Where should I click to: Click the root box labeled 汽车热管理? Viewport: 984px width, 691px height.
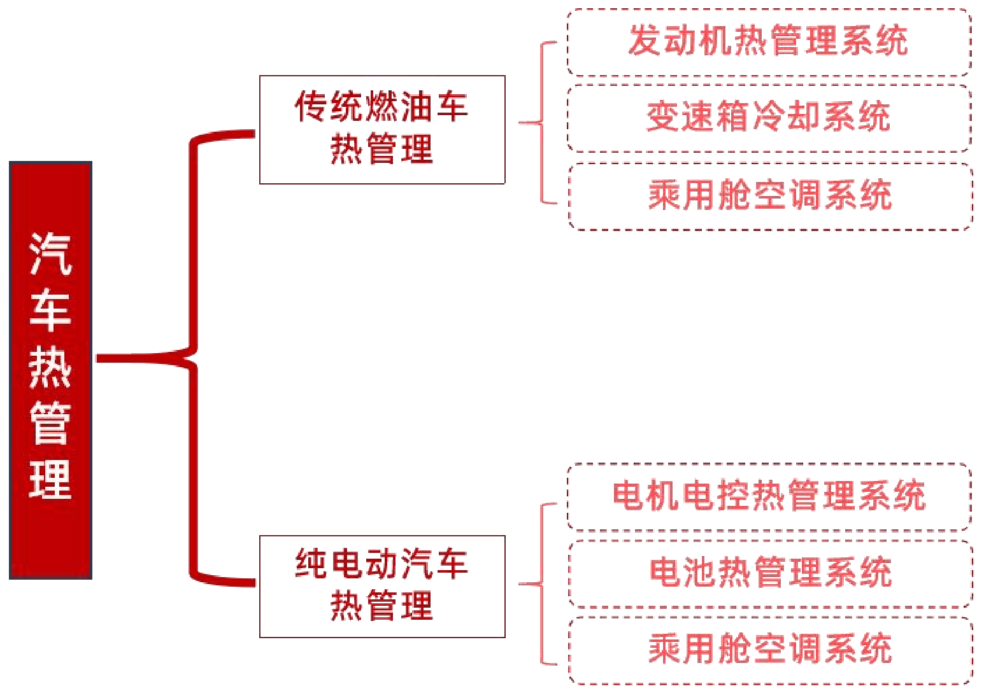click(x=50, y=370)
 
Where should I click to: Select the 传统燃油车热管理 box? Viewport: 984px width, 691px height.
click(x=382, y=129)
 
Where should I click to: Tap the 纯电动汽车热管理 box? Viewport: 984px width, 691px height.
click(x=382, y=586)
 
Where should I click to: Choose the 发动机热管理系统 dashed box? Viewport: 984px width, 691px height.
click(x=769, y=43)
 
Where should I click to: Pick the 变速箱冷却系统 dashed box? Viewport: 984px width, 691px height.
click(x=769, y=118)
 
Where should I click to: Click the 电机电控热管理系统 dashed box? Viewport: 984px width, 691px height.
click(x=769, y=497)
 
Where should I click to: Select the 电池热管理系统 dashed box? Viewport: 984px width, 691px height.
click(x=769, y=573)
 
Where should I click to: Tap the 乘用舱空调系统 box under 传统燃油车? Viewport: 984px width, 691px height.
click(x=769, y=196)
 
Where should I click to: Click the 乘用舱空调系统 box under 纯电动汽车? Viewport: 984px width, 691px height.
click(x=769, y=650)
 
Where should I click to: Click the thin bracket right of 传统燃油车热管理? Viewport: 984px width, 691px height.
click(x=541, y=123)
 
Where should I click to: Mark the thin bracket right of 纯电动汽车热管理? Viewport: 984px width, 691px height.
click(x=541, y=584)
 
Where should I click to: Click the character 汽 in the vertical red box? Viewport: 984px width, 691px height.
click(x=50, y=253)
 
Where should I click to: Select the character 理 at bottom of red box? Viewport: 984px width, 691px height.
click(x=50, y=479)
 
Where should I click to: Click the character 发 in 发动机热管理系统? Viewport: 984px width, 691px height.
click(x=645, y=40)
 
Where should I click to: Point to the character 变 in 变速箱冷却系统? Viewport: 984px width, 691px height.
click(x=663, y=116)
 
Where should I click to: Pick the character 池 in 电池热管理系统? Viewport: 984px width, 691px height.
click(x=700, y=571)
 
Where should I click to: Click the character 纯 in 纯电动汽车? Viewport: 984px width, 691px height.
click(x=311, y=564)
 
